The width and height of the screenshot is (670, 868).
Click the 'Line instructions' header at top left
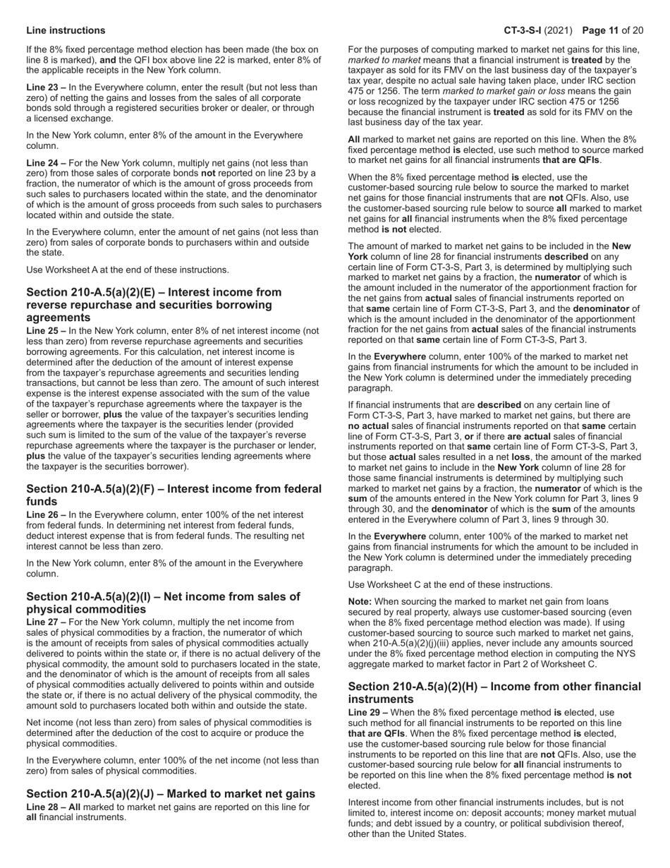(x=66, y=30)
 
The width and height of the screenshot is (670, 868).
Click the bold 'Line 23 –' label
(x=46, y=87)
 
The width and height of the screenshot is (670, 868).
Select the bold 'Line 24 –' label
(x=46, y=163)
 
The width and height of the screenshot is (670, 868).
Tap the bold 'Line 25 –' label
(x=46, y=330)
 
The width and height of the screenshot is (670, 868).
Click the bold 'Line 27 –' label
(x=46, y=622)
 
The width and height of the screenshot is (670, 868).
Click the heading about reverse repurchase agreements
(x=154, y=305)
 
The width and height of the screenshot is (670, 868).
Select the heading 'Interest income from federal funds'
(x=173, y=495)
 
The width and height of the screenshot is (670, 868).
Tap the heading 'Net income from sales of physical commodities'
(x=163, y=603)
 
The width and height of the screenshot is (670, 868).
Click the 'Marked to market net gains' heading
(x=171, y=794)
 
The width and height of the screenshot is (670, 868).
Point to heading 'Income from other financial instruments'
(x=494, y=692)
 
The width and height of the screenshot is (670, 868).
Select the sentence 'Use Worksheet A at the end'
(x=128, y=270)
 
